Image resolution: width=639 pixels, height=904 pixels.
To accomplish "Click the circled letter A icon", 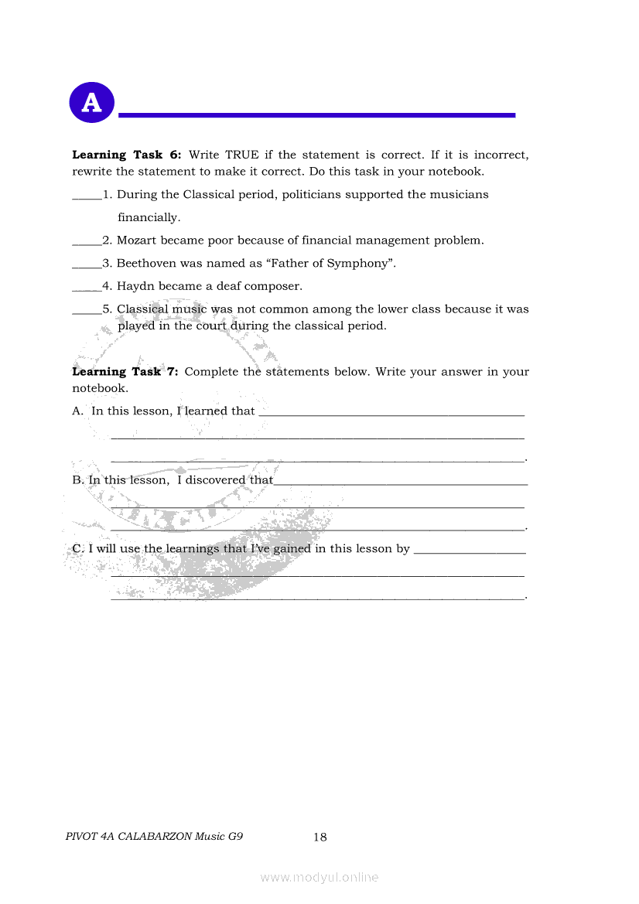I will point(91,102).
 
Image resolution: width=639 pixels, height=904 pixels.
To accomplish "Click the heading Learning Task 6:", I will point(127,155).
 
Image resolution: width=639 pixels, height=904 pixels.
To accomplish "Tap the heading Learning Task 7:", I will point(125,371).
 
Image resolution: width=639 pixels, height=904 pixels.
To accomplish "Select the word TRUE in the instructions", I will point(241,155).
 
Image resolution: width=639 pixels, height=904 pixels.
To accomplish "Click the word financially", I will point(149,217).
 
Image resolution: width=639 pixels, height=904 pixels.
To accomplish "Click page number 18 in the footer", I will point(320,837).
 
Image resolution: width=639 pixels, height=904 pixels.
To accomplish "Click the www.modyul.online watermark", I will point(319,877).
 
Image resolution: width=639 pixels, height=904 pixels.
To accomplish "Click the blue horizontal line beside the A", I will point(316,115).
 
